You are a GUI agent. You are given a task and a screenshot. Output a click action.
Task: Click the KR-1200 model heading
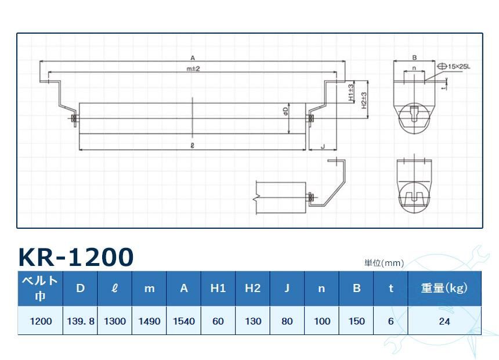(76, 257)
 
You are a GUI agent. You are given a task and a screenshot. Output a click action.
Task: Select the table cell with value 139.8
(81, 321)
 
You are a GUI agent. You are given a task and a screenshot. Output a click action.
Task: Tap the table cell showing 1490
(149, 321)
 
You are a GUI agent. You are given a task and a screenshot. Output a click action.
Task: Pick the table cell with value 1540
(184, 321)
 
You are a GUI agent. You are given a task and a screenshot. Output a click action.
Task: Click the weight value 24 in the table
(444, 321)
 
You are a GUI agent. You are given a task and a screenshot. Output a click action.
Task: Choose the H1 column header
(218, 288)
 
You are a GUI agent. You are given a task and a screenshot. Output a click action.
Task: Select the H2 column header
(252, 288)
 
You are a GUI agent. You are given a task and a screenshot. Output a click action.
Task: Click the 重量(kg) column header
(444, 288)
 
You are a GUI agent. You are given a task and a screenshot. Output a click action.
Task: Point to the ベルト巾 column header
(40, 288)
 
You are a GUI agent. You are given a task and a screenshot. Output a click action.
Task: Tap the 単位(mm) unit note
(384, 263)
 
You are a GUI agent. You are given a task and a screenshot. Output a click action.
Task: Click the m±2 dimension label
(193, 69)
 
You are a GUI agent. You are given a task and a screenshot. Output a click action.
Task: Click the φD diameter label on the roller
(285, 110)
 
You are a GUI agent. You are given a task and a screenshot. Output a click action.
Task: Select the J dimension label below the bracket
(322, 147)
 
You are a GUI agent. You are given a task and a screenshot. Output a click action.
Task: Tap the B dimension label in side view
(414, 57)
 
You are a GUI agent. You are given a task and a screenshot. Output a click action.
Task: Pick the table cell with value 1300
(115, 321)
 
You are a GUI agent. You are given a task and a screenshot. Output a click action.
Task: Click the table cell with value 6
(390, 321)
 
